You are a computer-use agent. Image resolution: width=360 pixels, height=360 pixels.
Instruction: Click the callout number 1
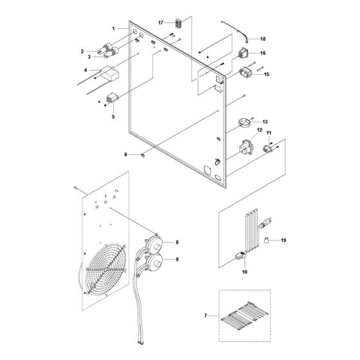click(x=114, y=29)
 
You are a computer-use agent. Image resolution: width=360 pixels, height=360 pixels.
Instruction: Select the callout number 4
click(x=85, y=70)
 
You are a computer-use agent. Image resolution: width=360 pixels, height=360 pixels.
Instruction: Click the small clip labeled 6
click(x=143, y=155)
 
